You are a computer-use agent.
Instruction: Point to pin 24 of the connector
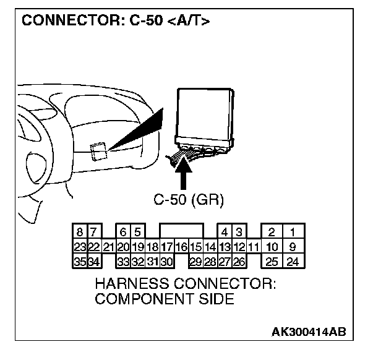coord(293,261)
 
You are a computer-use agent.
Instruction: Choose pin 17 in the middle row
coord(166,247)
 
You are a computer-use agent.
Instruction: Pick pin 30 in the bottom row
coord(166,261)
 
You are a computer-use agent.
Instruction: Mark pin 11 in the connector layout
coord(252,247)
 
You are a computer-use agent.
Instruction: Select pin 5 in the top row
coord(138,233)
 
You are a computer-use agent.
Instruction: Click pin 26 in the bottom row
coord(238,261)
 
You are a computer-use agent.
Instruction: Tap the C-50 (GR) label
coord(188,200)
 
